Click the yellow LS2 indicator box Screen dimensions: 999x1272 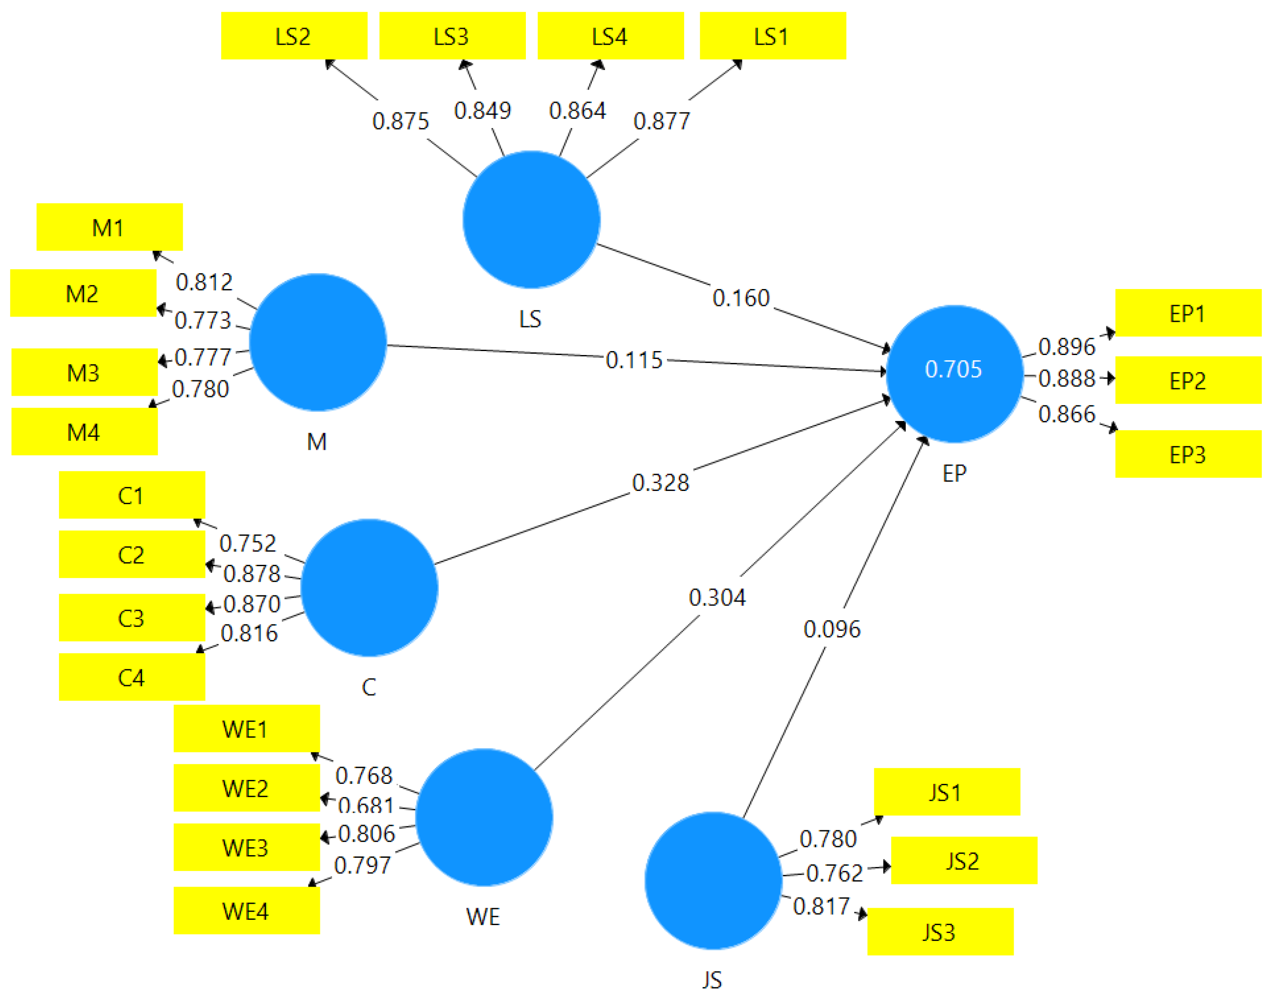[294, 36]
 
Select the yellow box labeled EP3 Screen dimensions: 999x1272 [1187, 454]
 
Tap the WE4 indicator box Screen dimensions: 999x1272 [246, 911]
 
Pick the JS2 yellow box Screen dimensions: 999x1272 [963, 860]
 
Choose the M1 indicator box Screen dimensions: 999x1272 [109, 227]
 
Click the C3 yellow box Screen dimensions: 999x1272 [132, 618]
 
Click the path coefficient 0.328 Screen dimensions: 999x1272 [660, 483]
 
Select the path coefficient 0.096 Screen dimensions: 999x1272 [832, 629]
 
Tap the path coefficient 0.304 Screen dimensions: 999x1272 [717, 597]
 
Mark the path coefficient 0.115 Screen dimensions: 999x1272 [634, 360]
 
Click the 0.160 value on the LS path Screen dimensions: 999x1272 [740, 298]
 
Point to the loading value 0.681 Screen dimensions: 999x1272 [365, 805]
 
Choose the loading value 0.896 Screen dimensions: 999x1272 [1066, 346]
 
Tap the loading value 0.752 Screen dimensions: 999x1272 [247, 543]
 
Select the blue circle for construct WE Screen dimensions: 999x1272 [483, 817]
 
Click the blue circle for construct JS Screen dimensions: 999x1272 [713, 880]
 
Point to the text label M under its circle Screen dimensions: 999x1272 [317, 442]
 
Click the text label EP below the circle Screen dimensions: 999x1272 [954, 473]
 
